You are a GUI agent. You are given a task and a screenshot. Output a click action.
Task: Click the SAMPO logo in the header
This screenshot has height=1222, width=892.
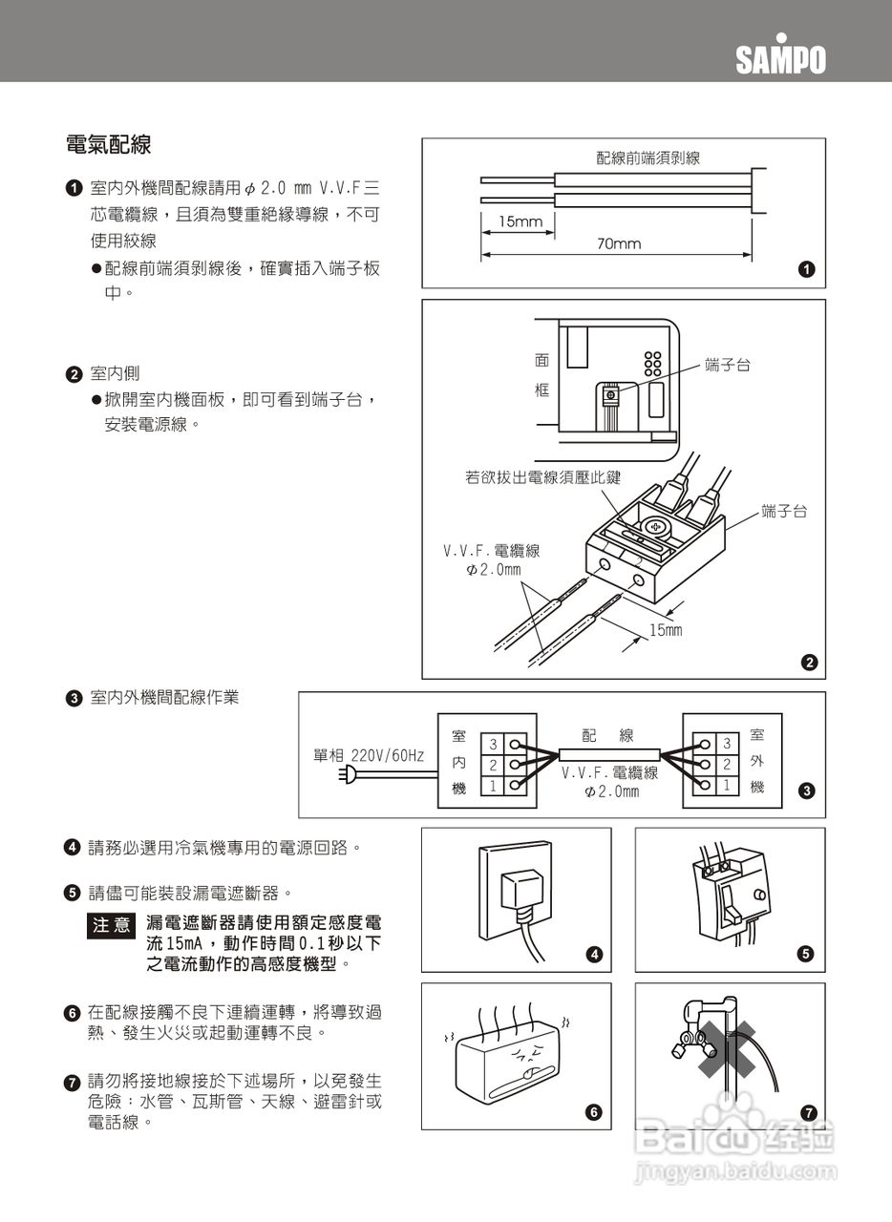click(x=780, y=60)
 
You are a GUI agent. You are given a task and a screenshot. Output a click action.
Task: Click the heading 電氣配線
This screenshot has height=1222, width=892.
click(x=108, y=146)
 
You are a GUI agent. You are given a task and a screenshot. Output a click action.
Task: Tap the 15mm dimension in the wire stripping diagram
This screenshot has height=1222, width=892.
click(x=520, y=221)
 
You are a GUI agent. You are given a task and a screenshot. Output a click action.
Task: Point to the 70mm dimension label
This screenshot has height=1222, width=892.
click(x=619, y=244)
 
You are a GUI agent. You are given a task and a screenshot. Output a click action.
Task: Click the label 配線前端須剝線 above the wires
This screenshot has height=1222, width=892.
click(x=648, y=158)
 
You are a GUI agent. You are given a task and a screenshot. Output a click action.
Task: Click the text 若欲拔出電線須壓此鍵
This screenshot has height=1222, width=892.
click(x=542, y=477)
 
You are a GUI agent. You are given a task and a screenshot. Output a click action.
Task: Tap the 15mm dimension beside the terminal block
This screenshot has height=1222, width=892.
click(x=666, y=630)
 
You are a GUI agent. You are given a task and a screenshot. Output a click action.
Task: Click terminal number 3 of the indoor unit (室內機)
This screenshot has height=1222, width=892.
click(x=493, y=744)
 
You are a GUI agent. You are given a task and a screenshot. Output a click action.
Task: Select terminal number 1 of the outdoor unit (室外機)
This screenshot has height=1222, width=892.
click(x=726, y=785)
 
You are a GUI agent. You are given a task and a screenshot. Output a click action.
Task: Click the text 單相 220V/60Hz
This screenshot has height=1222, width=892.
click(x=369, y=755)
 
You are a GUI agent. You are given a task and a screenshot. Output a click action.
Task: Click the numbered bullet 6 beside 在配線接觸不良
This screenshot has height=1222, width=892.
click(x=72, y=1012)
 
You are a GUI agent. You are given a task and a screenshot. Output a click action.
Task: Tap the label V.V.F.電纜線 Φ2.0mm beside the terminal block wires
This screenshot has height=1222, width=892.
click(x=491, y=559)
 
